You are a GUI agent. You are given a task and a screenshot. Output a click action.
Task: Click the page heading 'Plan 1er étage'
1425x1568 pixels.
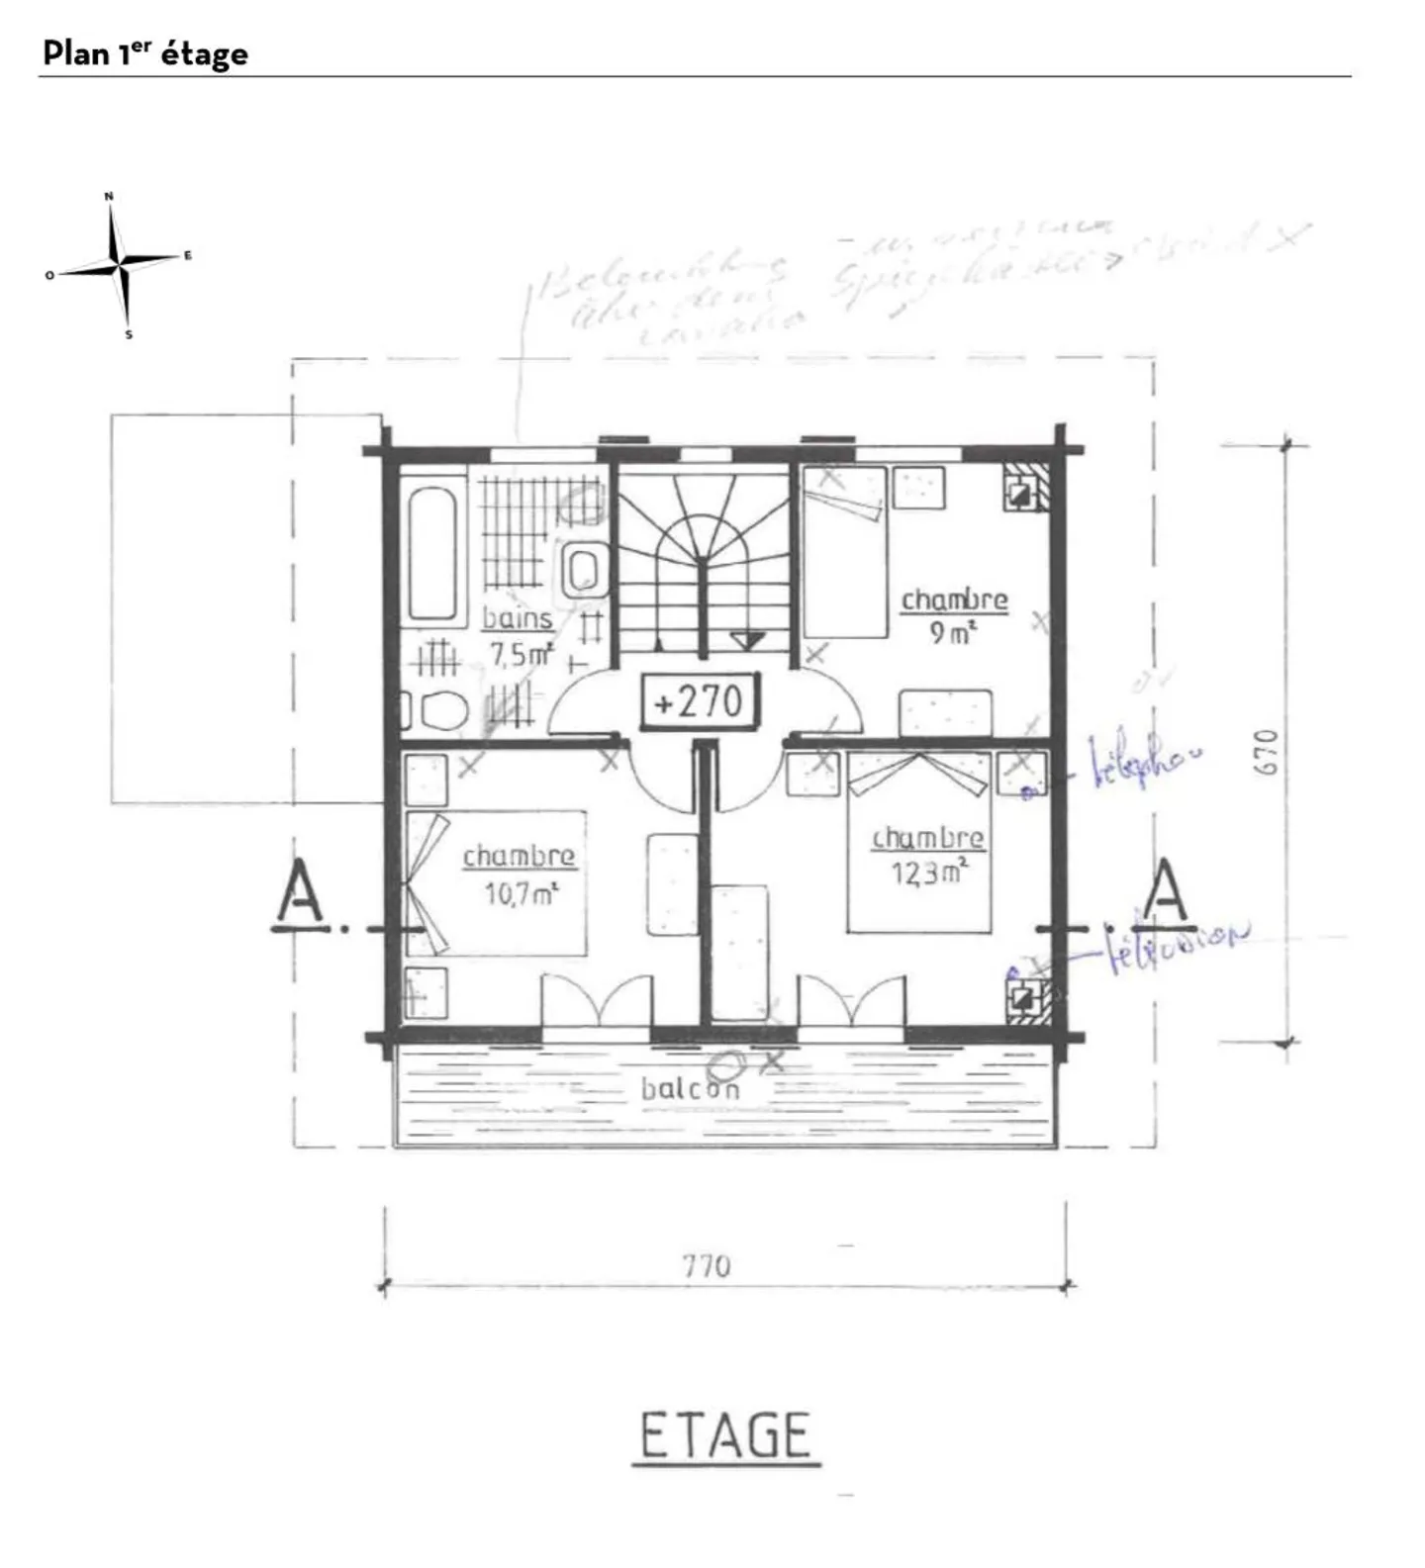144,53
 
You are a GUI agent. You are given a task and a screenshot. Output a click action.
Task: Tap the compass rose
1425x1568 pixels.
120,265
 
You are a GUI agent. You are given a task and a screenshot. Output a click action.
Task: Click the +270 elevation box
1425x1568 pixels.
700,701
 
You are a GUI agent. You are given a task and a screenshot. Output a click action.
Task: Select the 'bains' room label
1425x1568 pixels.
517,619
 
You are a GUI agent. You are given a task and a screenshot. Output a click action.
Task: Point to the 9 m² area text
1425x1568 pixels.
952,633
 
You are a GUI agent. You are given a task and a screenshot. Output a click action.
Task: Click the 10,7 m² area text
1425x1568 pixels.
521,894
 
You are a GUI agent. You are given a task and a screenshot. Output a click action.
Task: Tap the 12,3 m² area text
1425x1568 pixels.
928,874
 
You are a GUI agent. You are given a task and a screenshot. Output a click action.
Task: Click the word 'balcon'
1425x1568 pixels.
690,1089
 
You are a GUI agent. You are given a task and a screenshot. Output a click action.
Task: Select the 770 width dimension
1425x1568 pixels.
707,1265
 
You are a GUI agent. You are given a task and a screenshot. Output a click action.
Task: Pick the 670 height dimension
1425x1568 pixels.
1268,752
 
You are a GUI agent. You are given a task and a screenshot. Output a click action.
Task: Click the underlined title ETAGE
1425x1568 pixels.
725,1435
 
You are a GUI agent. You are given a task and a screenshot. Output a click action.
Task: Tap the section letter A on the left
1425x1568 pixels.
299,893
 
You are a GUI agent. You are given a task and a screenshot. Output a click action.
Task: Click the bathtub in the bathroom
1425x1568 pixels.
432,552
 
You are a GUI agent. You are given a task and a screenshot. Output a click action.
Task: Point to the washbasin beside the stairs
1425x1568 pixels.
583,570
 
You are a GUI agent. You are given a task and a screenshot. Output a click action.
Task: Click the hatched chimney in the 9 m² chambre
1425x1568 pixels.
1023,488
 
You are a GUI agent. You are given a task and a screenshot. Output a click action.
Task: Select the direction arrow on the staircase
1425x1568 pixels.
747,640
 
